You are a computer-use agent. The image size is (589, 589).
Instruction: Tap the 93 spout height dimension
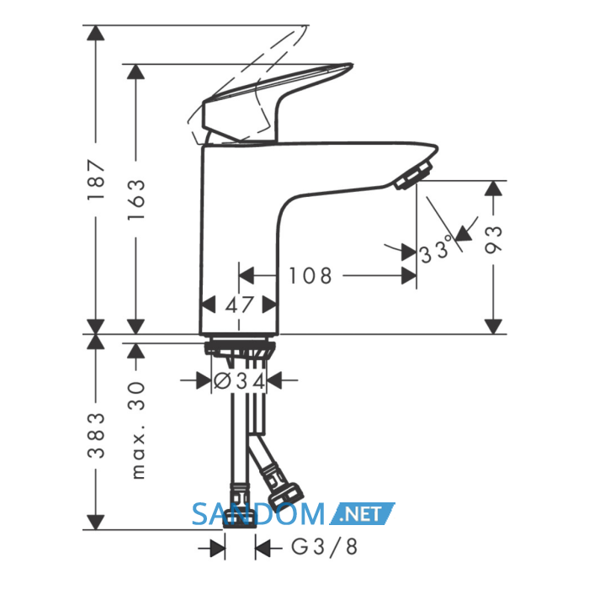493,240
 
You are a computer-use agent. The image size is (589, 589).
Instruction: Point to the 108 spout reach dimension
310,276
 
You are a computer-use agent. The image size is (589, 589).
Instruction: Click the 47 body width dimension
240,305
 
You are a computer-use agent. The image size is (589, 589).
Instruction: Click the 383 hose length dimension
95,435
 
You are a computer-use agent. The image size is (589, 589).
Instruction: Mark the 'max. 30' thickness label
138,430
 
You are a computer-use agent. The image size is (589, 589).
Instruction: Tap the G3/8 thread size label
325,547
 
